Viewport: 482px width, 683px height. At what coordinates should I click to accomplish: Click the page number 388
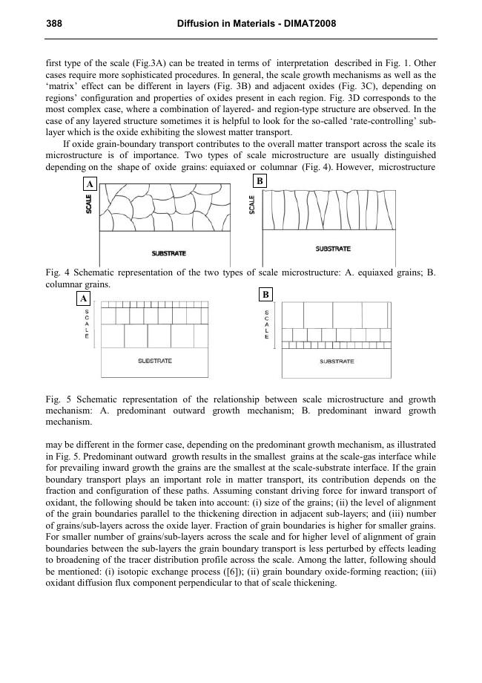[53, 24]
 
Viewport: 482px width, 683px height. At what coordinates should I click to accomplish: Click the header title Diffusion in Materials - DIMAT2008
[257, 24]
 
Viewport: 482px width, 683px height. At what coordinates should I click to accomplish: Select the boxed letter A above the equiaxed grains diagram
[90, 184]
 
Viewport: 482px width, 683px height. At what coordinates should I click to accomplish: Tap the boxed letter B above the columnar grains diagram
[260, 181]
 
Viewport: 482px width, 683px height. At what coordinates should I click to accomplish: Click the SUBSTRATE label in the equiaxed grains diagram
[168, 253]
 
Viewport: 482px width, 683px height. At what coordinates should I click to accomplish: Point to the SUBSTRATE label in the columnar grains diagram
[333, 249]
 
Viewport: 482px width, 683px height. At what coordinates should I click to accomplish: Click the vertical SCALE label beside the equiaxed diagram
[90, 206]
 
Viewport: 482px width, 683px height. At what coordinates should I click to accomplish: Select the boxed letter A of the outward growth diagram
[84, 298]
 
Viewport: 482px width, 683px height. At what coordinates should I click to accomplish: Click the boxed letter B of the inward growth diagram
[265, 295]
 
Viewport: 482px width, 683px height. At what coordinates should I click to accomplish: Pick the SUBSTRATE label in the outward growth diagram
[155, 361]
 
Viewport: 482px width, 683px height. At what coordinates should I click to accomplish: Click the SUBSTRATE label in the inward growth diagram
[337, 362]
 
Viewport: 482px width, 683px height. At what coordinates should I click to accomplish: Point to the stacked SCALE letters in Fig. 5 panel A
[87, 324]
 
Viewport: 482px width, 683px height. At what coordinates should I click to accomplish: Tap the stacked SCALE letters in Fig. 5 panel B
[267, 324]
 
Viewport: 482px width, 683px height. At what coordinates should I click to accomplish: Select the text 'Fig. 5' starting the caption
[56, 399]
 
